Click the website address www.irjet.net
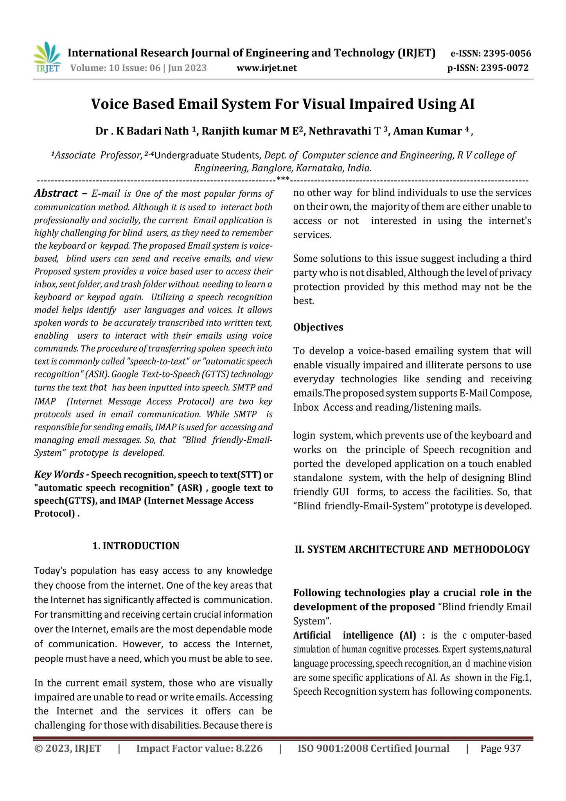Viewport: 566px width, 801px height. pos(267,68)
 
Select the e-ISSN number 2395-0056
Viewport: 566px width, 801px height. pos(507,54)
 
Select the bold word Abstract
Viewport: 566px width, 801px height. pos(56,193)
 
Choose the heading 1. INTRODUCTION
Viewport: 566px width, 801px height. pos(136,546)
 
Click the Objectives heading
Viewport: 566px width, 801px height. pos(318,327)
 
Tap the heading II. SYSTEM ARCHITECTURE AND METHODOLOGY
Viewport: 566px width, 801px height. pos(412,549)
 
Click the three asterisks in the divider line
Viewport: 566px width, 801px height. pos(283,180)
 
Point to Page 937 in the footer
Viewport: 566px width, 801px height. pos(501,749)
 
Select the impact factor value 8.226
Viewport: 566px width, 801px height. pos(249,749)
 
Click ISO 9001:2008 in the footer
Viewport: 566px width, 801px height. pos(332,749)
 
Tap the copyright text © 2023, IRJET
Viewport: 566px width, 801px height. pos(68,749)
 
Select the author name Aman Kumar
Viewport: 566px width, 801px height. pos(427,131)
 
